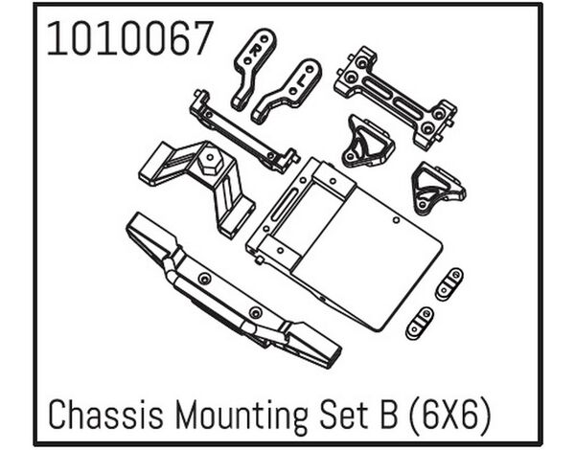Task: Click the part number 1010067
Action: click(x=130, y=38)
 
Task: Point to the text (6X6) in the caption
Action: click(x=449, y=416)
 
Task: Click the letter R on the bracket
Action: click(x=254, y=50)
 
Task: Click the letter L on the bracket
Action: click(x=300, y=79)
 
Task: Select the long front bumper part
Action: click(x=234, y=291)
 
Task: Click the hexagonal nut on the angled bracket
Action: click(x=209, y=162)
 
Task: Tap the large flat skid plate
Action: click(x=345, y=244)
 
